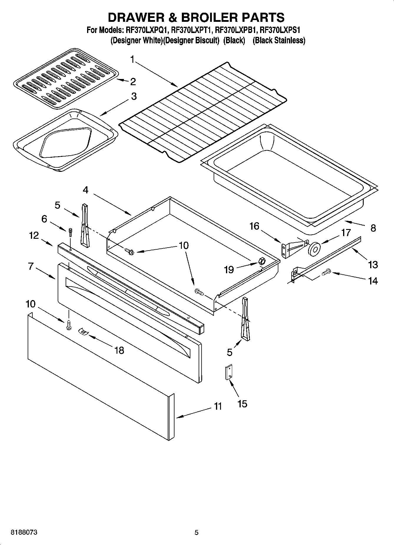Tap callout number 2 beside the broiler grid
(133, 82)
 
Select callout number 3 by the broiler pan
(134, 96)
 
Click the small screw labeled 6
(71, 232)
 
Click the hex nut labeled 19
(261, 261)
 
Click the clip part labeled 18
(83, 332)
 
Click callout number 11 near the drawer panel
(218, 406)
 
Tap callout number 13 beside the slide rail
(373, 264)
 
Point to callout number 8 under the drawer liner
(373, 228)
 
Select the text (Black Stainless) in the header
(279, 40)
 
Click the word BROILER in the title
(209, 17)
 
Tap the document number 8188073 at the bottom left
(24, 532)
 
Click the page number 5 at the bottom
(197, 532)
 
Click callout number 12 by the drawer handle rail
(34, 235)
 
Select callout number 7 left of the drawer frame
(31, 266)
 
